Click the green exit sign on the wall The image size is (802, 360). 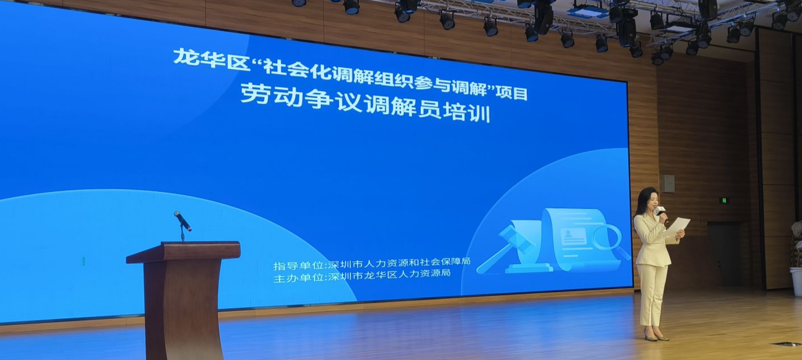[x=724, y=200]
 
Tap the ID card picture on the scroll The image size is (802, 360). [x=573, y=237]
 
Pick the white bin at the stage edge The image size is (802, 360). [x=796, y=282]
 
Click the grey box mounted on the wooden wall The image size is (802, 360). [x=667, y=184]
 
